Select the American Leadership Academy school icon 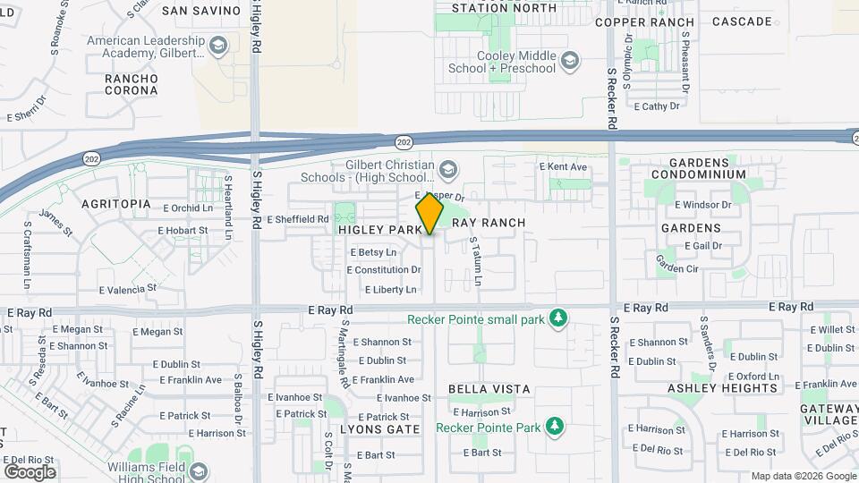pyautogui.click(x=217, y=45)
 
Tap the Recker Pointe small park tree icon pyautogui.click(x=558, y=318)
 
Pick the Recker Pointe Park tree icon pyautogui.click(x=555, y=427)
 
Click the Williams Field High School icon pyautogui.click(x=198, y=471)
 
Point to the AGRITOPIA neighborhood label pyautogui.click(x=116, y=204)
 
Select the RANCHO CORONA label pyautogui.click(x=132, y=84)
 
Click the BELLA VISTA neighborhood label pyautogui.click(x=489, y=389)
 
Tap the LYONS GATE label pyautogui.click(x=380, y=429)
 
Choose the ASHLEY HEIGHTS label pyautogui.click(x=722, y=388)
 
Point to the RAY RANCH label pyautogui.click(x=488, y=223)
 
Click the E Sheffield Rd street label pyautogui.click(x=298, y=218)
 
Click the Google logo pyautogui.click(x=30, y=471)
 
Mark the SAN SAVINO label pyautogui.click(x=201, y=11)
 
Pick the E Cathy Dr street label pyautogui.click(x=656, y=106)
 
